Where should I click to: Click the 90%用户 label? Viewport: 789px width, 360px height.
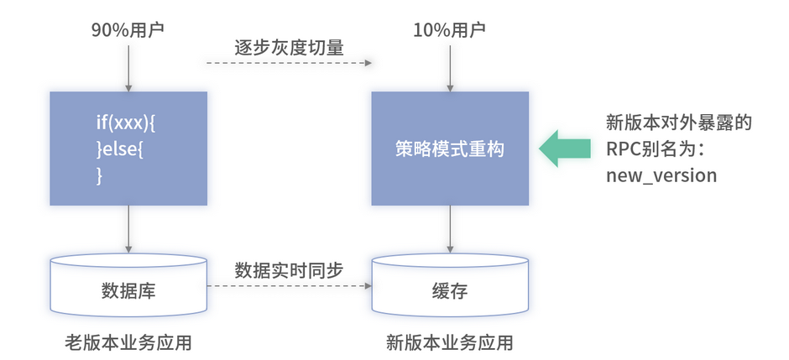click(x=128, y=30)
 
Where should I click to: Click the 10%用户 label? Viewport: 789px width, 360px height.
click(x=450, y=30)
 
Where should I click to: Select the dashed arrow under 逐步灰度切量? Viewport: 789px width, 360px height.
click(x=289, y=64)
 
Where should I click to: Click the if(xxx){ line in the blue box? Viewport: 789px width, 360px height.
click(x=127, y=123)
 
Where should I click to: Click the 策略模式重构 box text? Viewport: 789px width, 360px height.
click(x=450, y=149)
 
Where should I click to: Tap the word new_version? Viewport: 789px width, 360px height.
click(x=661, y=175)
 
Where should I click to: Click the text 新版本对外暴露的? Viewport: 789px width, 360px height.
click(x=678, y=123)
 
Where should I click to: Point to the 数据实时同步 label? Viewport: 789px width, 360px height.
click(x=289, y=269)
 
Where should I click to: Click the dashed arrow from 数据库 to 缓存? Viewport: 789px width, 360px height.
click(x=289, y=286)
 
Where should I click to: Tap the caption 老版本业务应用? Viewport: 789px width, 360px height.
click(x=128, y=342)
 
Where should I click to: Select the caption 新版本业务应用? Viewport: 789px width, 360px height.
click(x=450, y=342)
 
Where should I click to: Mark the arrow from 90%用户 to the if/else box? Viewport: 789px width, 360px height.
click(x=128, y=66)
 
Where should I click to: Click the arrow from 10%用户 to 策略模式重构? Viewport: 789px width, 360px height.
click(x=450, y=66)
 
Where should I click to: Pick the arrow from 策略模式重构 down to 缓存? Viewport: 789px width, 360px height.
click(x=450, y=228)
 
